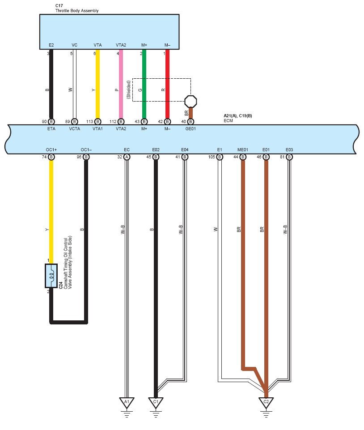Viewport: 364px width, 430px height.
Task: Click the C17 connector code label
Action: pos(59,5)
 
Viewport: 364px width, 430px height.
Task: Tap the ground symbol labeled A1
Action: pos(127,402)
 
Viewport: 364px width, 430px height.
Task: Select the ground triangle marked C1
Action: pos(156,402)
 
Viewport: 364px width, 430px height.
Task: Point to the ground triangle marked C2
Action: pos(266,402)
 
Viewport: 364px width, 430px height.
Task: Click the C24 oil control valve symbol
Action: pos(51,275)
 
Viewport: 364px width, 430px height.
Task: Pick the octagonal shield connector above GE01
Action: pos(190,101)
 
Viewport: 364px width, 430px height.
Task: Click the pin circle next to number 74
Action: pos(51,157)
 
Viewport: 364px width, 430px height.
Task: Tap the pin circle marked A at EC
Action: pos(127,157)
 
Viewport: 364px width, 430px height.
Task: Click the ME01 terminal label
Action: pos(243,149)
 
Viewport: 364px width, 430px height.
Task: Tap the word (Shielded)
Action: pos(129,89)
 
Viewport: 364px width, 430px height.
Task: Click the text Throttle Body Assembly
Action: pos(77,11)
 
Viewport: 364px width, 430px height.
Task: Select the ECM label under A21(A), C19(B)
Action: pos(228,121)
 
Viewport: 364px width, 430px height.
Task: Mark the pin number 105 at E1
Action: pos(212,157)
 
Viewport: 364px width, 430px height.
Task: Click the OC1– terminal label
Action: pos(86,149)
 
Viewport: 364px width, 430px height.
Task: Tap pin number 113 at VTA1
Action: pos(90,121)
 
